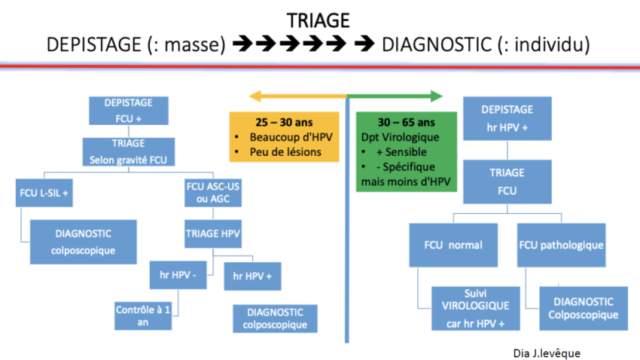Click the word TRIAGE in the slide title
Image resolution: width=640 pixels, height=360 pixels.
[318, 20]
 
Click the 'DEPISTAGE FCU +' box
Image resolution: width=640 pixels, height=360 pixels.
[127, 111]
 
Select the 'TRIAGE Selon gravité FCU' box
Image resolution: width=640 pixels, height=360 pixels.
[127, 151]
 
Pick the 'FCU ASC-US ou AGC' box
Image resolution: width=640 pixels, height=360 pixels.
[214, 194]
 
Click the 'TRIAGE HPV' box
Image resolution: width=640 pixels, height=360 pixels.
[213, 233]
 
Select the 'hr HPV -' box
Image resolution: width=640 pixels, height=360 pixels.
[174, 275]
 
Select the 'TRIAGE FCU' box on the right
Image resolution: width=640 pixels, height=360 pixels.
[507, 182]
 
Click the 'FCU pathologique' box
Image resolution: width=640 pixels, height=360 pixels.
[562, 246]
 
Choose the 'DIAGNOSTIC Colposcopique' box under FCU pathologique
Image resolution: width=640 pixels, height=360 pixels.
[580, 307]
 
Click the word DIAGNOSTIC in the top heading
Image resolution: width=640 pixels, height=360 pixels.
[434, 45]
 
